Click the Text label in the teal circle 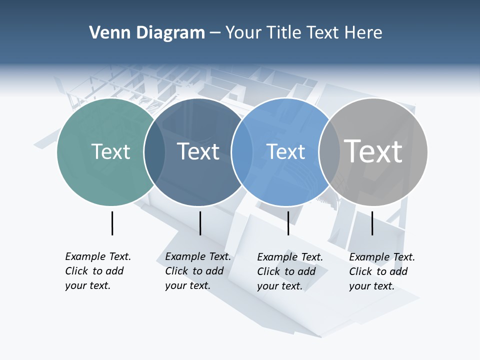(x=110, y=151)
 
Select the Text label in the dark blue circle (x=198, y=151)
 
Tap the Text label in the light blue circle (x=286, y=151)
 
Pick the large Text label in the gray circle (x=373, y=151)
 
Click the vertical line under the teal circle (x=112, y=223)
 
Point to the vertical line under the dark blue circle (x=200, y=223)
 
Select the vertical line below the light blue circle (x=288, y=223)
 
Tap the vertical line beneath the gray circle (x=372, y=223)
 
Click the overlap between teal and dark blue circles (x=155, y=152)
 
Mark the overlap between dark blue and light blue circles (x=242, y=152)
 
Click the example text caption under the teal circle (x=97, y=271)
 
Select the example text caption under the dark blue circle (x=197, y=271)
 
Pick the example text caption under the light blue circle (x=289, y=271)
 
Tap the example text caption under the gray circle (x=381, y=271)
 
